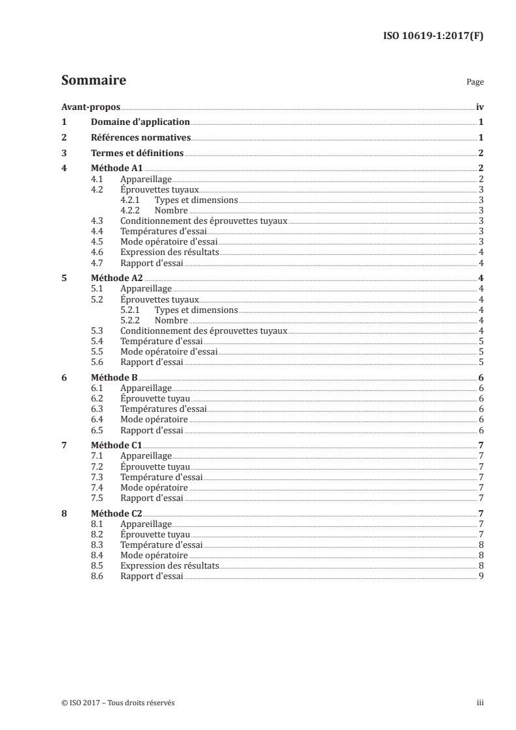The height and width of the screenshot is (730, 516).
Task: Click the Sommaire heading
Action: point(93,81)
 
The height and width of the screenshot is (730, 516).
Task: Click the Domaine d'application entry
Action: point(141,122)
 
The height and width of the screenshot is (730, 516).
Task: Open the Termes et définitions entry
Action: point(137,154)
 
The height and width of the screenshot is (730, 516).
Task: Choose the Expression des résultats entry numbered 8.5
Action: point(169,566)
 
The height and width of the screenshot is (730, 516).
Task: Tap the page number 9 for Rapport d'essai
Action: point(480,576)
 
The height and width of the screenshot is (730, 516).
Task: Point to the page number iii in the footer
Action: point(480,703)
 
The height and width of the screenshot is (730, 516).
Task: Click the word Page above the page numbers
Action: point(475,83)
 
